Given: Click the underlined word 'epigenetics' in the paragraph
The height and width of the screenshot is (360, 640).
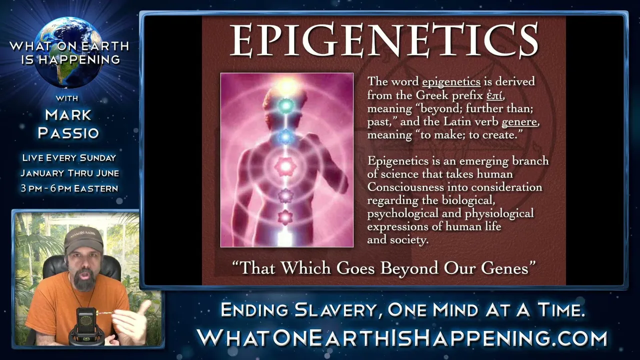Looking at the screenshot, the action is [x=451, y=82].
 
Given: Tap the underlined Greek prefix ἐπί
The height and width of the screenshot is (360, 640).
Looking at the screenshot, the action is [x=494, y=95].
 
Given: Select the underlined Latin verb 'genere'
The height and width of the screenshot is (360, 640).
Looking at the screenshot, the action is [x=519, y=122].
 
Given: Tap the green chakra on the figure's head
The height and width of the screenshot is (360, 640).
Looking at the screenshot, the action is [x=285, y=106].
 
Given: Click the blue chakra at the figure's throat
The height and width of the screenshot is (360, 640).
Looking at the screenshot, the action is [x=285, y=137].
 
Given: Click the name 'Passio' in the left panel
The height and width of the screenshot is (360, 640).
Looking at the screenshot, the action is [x=68, y=133].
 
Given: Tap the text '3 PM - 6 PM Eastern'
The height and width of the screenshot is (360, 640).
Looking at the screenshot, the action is [x=69, y=188].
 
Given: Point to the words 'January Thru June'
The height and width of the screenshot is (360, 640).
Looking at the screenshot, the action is [x=69, y=173].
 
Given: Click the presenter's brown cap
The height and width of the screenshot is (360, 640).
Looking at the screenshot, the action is [x=83, y=238].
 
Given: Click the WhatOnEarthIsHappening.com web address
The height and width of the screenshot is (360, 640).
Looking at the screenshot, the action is [x=401, y=338].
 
